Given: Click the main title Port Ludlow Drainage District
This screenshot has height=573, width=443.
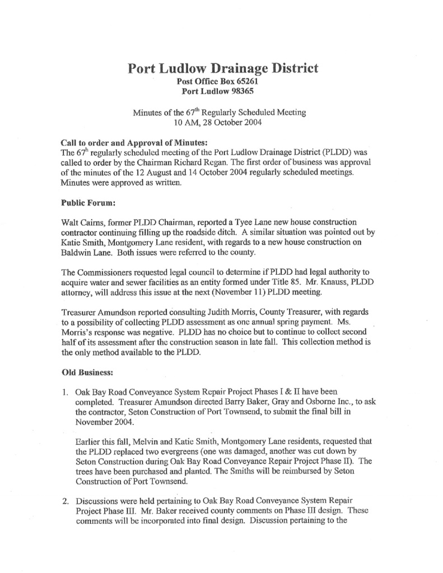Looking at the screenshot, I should (x=223, y=69).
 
